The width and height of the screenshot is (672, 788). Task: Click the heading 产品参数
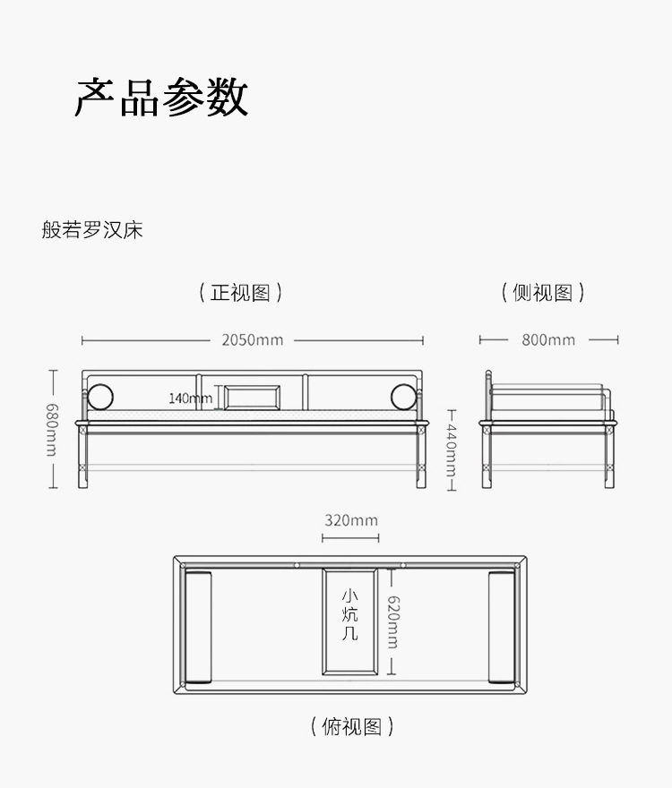coord(161,97)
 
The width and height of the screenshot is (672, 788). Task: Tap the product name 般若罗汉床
coord(92,230)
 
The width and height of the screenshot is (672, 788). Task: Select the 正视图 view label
coord(240,292)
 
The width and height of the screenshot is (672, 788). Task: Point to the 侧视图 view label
coord(543,292)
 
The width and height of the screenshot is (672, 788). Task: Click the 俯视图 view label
coord(352,726)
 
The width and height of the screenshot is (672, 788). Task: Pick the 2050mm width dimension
coord(252,340)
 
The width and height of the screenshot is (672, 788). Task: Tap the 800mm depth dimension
coord(548,340)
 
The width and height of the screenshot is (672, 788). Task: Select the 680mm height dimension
coord(51,429)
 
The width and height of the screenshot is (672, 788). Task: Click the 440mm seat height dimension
coord(452,450)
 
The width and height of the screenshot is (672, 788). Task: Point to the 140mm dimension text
coord(189,398)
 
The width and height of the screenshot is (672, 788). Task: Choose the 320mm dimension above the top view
coord(350,520)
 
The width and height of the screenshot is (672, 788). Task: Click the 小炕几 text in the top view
coord(349,614)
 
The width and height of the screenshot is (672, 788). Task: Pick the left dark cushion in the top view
coord(198,626)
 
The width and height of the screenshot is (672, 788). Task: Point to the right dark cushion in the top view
coord(502,626)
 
